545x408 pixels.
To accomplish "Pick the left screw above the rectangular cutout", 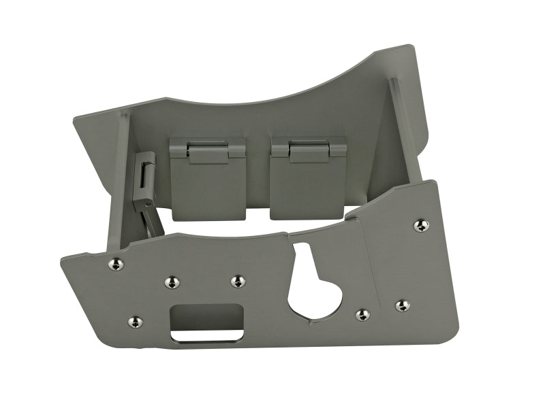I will [170, 282].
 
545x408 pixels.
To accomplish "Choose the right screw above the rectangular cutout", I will [236, 281].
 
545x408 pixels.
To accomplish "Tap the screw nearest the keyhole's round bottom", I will [363, 314].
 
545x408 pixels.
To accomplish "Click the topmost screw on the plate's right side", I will [420, 225].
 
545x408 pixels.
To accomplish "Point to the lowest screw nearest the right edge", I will [402, 305].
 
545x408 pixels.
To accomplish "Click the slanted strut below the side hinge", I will [151, 220].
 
